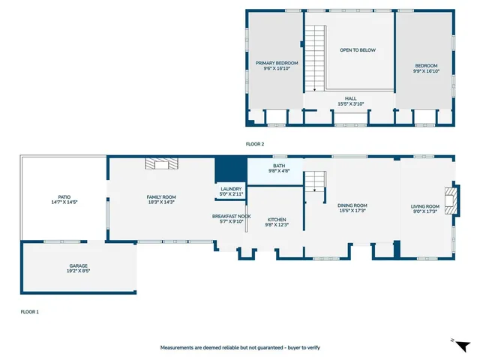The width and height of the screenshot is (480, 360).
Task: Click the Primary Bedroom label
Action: coord(277,63)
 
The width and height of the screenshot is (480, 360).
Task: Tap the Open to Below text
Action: coord(357,50)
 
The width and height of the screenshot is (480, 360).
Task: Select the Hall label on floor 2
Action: coord(350,98)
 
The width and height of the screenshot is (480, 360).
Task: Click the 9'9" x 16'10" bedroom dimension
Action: coord(427,71)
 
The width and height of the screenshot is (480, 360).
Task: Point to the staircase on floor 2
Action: coord(316,55)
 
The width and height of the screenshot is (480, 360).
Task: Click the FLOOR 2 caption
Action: coord(255,143)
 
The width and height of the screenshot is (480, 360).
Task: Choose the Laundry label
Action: coord(231,188)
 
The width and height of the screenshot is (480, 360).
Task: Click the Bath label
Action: coord(279,166)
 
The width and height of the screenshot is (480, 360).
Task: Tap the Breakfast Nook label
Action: coord(231,216)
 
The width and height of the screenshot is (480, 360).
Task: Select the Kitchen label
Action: coord(276,220)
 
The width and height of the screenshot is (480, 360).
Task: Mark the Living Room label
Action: coord(425,206)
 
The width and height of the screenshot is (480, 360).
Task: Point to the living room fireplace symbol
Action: coord(448,199)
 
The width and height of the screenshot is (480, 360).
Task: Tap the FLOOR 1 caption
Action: coord(29,310)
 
